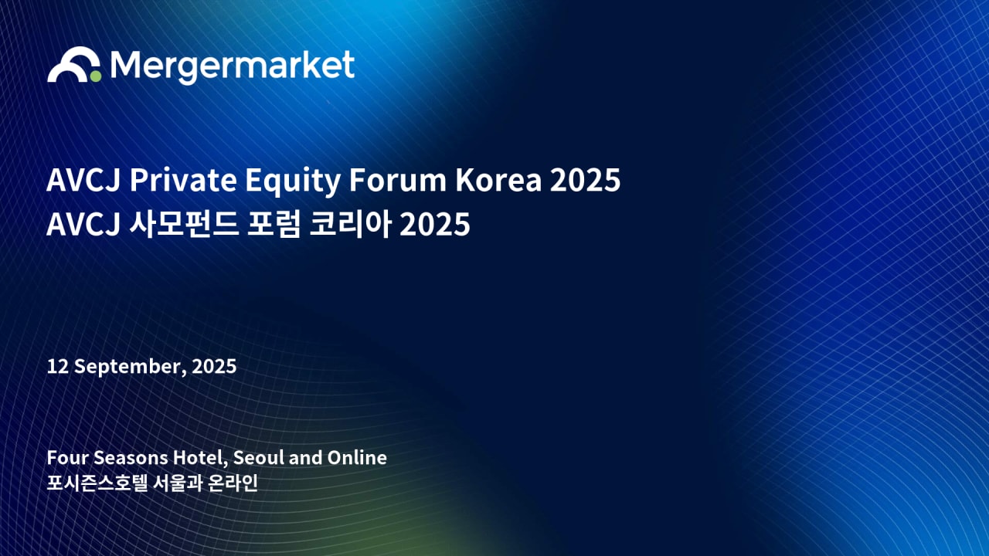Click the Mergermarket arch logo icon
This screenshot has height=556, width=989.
[71, 64]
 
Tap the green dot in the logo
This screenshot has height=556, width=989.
[95, 76]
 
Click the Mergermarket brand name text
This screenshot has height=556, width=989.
[233, 66]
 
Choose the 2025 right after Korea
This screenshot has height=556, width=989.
[586, 181]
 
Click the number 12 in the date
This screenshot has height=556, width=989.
[56, 366]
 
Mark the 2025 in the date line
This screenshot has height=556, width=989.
[214, 366]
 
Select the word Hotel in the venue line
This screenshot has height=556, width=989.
[195, 457]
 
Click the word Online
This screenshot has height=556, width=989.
[357, 457]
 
